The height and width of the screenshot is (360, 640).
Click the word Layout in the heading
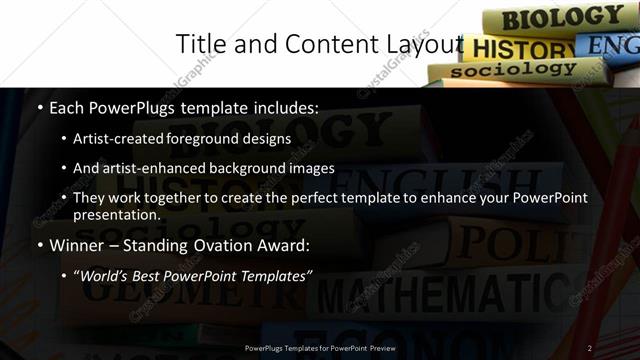pos(424,44)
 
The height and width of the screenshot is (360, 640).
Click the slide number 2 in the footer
pos(590,348)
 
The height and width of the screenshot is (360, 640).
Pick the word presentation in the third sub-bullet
pos(117,215)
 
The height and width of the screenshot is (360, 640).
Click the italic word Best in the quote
pos(155,274)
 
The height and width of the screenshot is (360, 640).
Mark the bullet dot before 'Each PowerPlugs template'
pos(39,107)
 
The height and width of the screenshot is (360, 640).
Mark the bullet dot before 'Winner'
pos(39,245)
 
